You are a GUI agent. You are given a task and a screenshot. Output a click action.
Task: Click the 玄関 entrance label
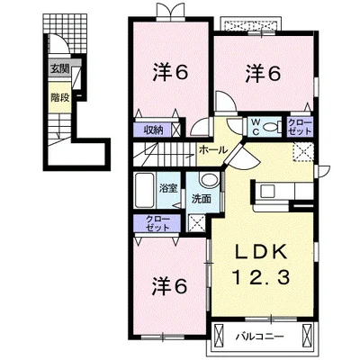(60, 69)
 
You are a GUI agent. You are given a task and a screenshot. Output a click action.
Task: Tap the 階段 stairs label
(60, 97)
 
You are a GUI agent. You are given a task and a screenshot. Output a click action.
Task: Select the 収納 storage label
(152, 130)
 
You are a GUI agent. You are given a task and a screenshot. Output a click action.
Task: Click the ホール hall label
(212, 149)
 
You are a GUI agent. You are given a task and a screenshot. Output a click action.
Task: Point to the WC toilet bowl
(272, 128)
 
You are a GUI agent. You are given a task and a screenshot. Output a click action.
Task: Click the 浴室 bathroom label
(168, 188)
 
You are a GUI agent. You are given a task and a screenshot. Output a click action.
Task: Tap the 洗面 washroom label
(201, 199)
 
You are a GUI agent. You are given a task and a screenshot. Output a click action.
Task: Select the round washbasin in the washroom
(210, 180)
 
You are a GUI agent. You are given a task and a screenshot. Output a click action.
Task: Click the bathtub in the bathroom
(145, 190)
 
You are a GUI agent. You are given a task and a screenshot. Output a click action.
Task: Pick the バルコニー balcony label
(259, 336)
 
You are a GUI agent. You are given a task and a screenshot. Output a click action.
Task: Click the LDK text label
(260, 254)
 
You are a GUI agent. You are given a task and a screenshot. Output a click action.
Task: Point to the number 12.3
(260, 276)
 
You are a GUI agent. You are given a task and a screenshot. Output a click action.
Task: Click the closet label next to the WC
(300, 127)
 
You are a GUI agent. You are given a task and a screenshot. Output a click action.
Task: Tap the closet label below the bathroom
(157, 223)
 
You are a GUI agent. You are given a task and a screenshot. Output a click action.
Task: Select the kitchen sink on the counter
(267, 191)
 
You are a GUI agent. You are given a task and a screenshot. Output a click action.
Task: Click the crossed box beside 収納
(175, 130)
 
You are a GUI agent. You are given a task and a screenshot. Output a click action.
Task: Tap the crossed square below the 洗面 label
(196, 223)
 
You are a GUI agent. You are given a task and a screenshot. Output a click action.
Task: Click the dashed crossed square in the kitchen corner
(303, 152)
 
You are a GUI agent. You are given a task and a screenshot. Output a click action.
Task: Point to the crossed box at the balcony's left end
(220, 335)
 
